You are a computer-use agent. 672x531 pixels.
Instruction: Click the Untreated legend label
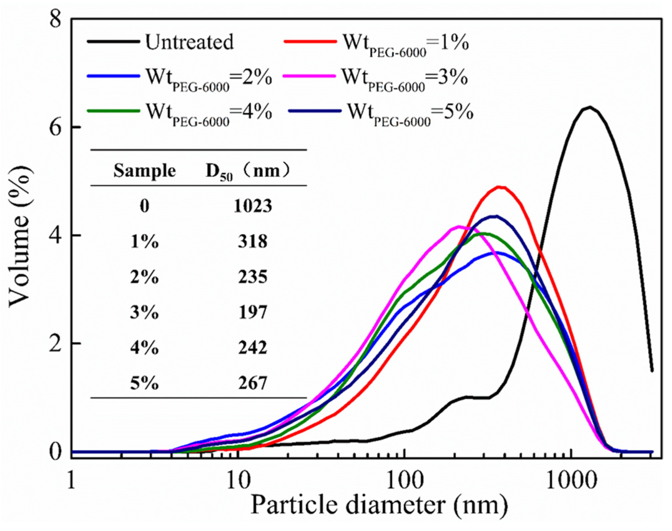(189, 42)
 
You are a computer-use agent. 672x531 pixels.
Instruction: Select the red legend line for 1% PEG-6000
(310, 41)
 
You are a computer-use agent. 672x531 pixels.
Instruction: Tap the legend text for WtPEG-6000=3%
(404, 77)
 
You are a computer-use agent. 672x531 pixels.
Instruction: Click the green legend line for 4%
(113, 111)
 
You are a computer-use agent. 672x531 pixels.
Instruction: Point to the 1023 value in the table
(253, 206)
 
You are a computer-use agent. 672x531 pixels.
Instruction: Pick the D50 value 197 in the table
(253, 313)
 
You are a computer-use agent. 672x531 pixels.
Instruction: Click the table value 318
(253, 241)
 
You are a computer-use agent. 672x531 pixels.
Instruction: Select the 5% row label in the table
(145, 383)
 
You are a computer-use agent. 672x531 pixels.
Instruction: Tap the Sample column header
(145, 171)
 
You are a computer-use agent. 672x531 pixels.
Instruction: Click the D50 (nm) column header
(248, 171)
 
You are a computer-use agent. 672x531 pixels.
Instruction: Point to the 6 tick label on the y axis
(56, 127)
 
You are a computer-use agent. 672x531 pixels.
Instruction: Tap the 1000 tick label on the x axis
(571, 480)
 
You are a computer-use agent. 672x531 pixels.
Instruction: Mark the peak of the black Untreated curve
(589, 107)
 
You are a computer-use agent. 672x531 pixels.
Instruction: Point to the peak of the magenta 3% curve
(459, 226)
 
